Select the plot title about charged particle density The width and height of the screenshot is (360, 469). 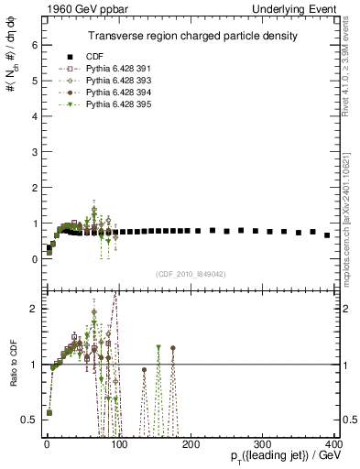coord(192,35)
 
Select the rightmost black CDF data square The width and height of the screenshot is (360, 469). coord(327,235)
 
